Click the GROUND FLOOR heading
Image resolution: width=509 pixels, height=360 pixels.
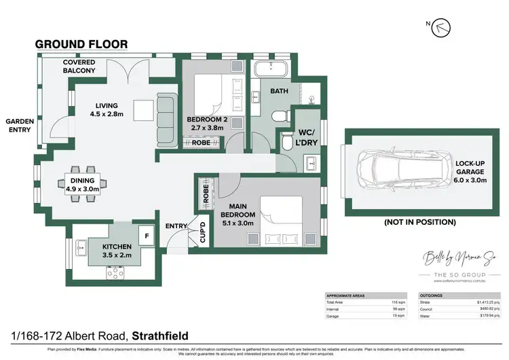pos(81,44)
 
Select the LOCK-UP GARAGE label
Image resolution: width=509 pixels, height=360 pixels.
pos(470,173)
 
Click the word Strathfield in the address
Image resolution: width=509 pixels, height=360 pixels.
pos(160,336)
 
